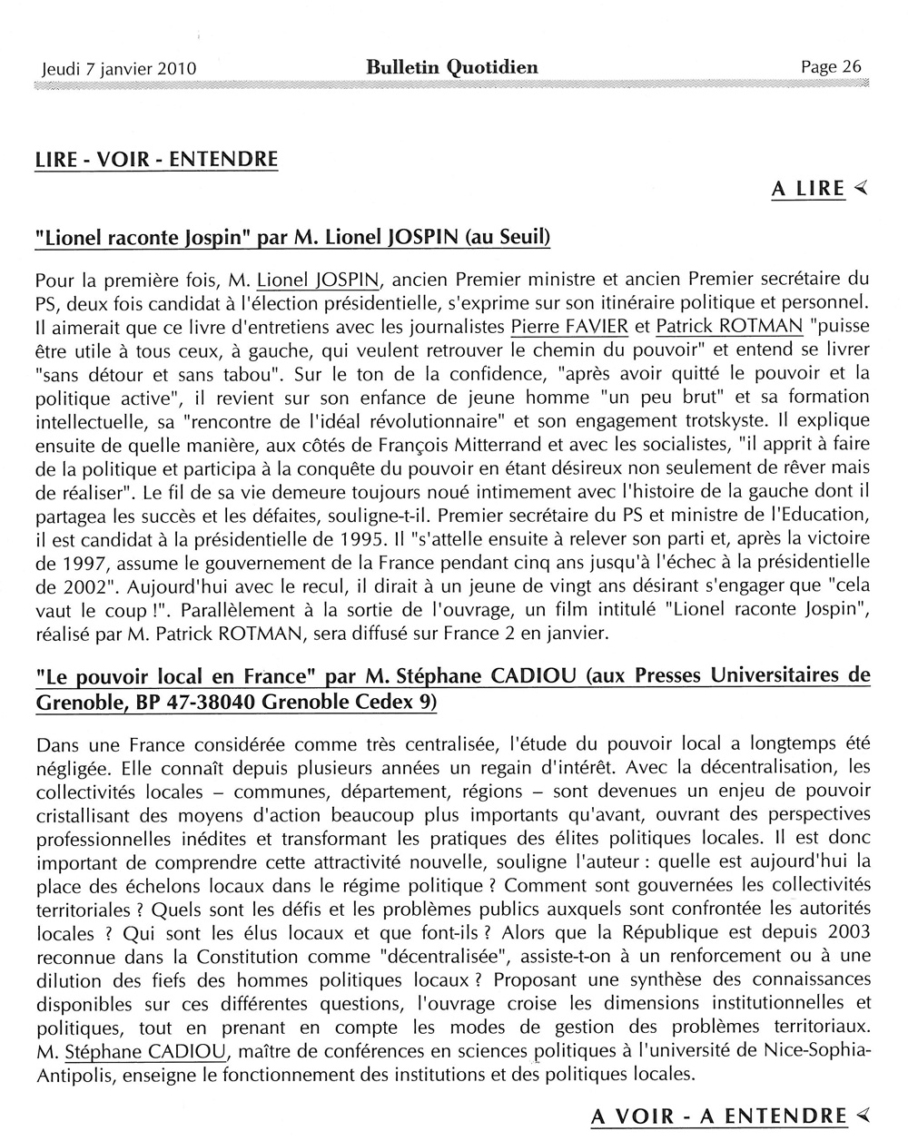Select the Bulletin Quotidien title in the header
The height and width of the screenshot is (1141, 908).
(452, 66)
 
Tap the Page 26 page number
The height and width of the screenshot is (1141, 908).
(830, 66)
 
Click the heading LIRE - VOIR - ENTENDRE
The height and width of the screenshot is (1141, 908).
(155, 159)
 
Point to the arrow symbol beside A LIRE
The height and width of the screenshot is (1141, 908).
(861, 188)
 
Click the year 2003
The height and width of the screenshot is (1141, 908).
(843, 932)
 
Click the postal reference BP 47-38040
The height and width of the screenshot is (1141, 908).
(188, 702)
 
